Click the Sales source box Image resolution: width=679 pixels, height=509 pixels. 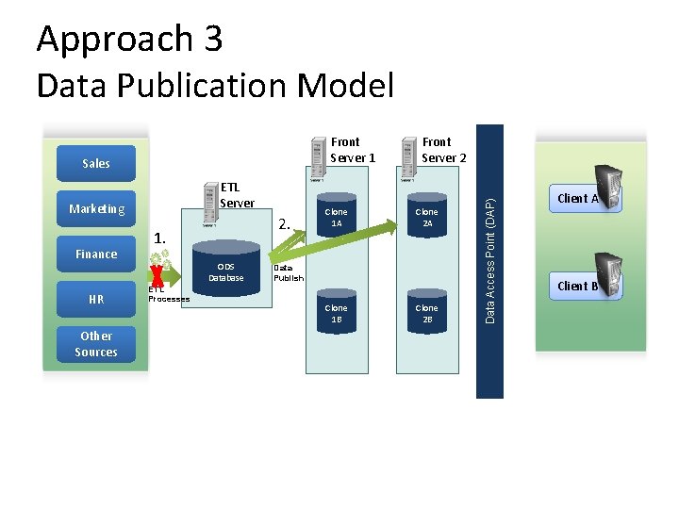point(95,163)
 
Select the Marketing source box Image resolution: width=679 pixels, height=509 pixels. point(95,208)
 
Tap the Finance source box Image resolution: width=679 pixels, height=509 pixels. point(95,254)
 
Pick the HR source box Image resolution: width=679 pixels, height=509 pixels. point(95,299)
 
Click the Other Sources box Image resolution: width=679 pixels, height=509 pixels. point(95,344)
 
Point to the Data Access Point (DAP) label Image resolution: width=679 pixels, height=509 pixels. point(489,261)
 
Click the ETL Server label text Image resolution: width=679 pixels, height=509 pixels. point(237,195)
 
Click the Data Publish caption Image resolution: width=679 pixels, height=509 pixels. point(289,273)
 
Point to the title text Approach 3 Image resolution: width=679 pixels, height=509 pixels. point(129,39)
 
